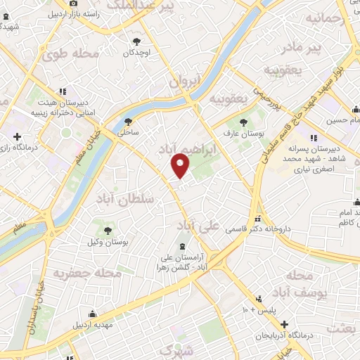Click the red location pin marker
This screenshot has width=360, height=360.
pyautogui.click(x=181, y=165)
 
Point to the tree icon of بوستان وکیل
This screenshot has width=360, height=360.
pyautogui.click(x=108, y=230)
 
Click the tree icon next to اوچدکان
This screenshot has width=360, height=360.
pyautogui.click(x=136, y=41)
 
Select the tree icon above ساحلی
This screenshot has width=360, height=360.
pyautogui.click(x=128, y=120)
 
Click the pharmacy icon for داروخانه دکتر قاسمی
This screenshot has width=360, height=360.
pyautogui.click(x=258, y=218)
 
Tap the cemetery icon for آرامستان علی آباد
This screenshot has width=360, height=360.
pyautogui.click(x=183, y=246)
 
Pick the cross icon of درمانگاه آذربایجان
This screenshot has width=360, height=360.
pyautogui.click(x=284, y=324)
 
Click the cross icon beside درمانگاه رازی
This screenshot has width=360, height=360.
pyautogui.click(x=17, y=136)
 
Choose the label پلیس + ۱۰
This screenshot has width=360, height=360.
pyautogui.click(x=261, y=309)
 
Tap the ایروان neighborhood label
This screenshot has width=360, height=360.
pyautogui.click(x=185, y=81)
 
